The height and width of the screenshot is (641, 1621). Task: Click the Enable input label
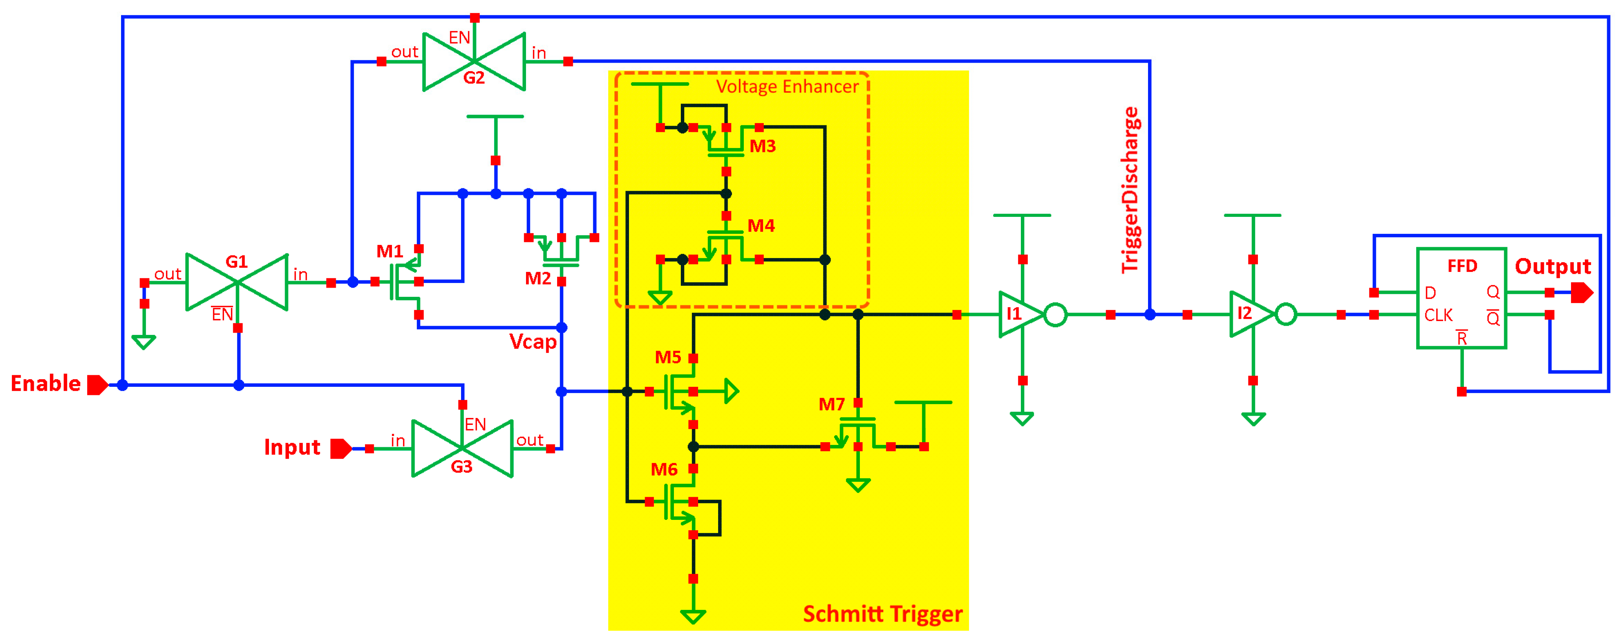[46, 383]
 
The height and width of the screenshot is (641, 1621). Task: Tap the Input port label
[292, 448]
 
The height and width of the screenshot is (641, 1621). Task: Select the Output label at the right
[1552, 267]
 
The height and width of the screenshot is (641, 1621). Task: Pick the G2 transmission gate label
[474, 78]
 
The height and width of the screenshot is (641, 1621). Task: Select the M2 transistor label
[538, 278]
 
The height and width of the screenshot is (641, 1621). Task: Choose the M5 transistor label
[668, 358]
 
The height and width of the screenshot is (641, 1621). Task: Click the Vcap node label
[533, 342]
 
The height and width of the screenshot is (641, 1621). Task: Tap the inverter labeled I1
[1014, 313]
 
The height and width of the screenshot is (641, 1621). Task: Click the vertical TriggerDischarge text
[1130, 190]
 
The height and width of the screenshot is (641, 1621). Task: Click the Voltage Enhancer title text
[787, 87]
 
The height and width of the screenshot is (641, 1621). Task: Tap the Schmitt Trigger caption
[882, 614]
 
